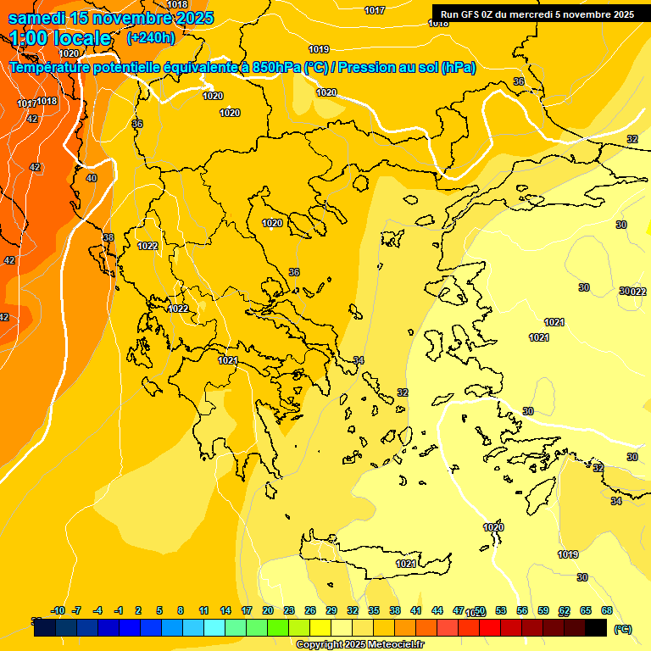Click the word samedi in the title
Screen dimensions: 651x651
coord(38,18)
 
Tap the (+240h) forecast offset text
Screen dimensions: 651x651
coord(151,38)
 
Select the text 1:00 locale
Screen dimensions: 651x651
coord(61,38)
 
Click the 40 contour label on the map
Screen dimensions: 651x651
coord(92,178)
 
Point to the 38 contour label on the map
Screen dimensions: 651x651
coord(108,237)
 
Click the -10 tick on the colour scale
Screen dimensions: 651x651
coord(58,610)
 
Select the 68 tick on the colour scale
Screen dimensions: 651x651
coord(608,610)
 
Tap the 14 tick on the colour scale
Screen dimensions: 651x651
coord(225,610)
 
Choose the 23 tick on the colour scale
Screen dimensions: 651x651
coord(289,610)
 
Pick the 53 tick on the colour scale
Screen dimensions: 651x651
coord(501,610)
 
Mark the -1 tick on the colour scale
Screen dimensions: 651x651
coord(120,610)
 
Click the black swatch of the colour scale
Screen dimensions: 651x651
coord(596,627)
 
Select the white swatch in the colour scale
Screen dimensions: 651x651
coord(342,627)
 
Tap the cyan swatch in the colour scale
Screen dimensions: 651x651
coord(214,627)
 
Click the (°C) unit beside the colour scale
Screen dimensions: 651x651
coord(623,628)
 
